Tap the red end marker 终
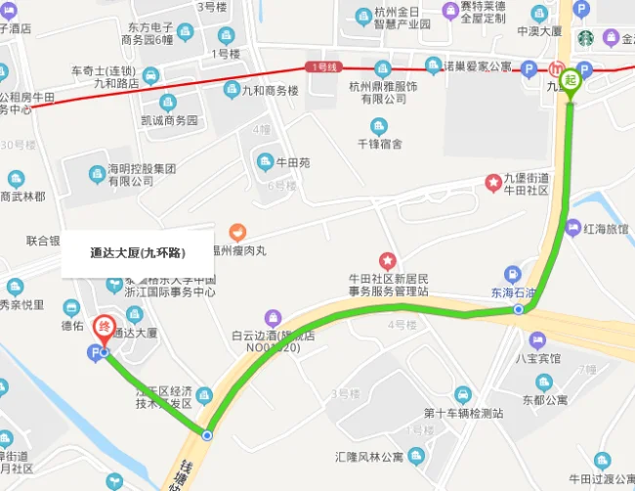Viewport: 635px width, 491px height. (103, 328)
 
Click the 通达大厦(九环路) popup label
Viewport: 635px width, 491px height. (138, 252)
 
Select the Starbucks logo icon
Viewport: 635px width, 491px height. (585, 39)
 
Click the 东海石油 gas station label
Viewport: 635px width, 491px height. (514, 292)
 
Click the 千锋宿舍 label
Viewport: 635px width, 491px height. (379, 144)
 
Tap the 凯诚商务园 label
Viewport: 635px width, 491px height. (169, 120)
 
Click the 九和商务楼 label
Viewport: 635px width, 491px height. (269, 90)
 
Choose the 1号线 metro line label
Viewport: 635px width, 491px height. (321, 67)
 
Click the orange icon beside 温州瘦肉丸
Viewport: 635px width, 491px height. (235, 233)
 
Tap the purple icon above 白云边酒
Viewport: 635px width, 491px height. (274, 317)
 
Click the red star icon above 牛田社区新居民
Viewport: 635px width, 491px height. (388, 261)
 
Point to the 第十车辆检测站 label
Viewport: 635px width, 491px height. (463, 413)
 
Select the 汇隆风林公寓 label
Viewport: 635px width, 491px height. (369, 457)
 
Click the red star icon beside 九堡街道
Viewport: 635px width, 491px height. (494, 184)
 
